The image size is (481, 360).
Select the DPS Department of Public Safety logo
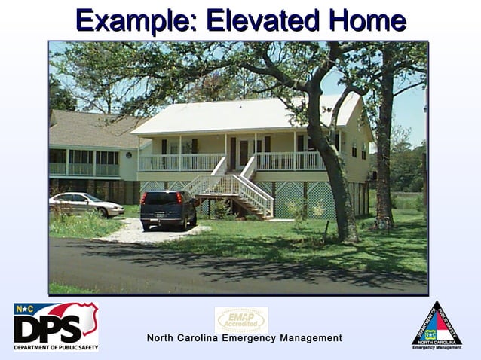point(56,326)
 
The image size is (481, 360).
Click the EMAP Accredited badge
point(240,319)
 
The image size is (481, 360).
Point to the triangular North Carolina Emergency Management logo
point(437,325)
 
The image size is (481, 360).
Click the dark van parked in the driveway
point(167,208)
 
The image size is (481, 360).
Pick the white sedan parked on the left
point(85,203)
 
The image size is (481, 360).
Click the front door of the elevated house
point(244,153)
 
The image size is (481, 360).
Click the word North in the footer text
point(164,338)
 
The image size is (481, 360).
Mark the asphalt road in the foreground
point(226,267)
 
